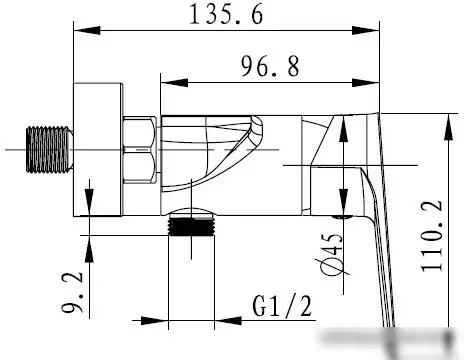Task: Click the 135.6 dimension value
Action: [226, 15]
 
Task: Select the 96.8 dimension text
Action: [270, 66]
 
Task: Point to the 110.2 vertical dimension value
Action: [432, 236]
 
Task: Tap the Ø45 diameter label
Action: [332, 254]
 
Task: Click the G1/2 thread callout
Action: [282, 306]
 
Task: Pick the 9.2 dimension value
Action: [73, 292]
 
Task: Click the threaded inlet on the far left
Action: [50, 150]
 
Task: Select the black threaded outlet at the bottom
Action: [191, 226]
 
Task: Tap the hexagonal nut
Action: [140, 150]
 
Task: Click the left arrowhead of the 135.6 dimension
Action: [87, 30]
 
